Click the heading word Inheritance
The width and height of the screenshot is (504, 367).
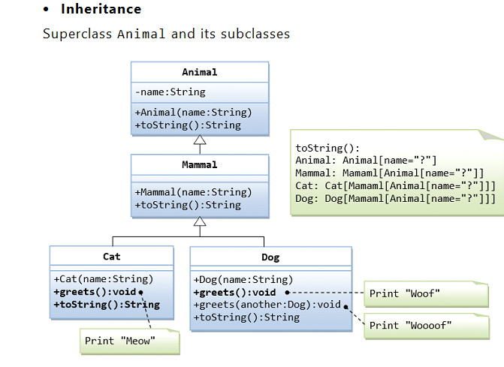(101, 10)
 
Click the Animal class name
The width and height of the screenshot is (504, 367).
(199, 72)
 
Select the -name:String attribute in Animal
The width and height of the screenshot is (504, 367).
(170, 92)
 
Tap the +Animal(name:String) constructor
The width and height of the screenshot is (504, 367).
(193, 113)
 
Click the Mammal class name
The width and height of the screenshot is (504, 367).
(199, 164)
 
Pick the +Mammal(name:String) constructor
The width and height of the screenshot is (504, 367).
(193, 192)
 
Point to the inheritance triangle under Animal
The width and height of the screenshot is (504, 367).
(200, 140)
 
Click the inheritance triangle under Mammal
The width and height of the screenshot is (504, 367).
(200, 221)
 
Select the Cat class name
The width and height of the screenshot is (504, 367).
(111, 257)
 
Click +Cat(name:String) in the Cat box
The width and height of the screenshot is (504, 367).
(103, 279)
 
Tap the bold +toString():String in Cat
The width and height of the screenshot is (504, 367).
(106, 305)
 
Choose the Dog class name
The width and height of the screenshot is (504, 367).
(270, 257)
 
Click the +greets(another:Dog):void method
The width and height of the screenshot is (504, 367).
(267, 305)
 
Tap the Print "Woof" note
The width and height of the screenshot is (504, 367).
(404, 293)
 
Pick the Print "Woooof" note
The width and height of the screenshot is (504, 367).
(410, 325)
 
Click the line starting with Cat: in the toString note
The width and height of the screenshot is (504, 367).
(395, 185)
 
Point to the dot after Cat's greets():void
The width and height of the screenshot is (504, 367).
(141, 292)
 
